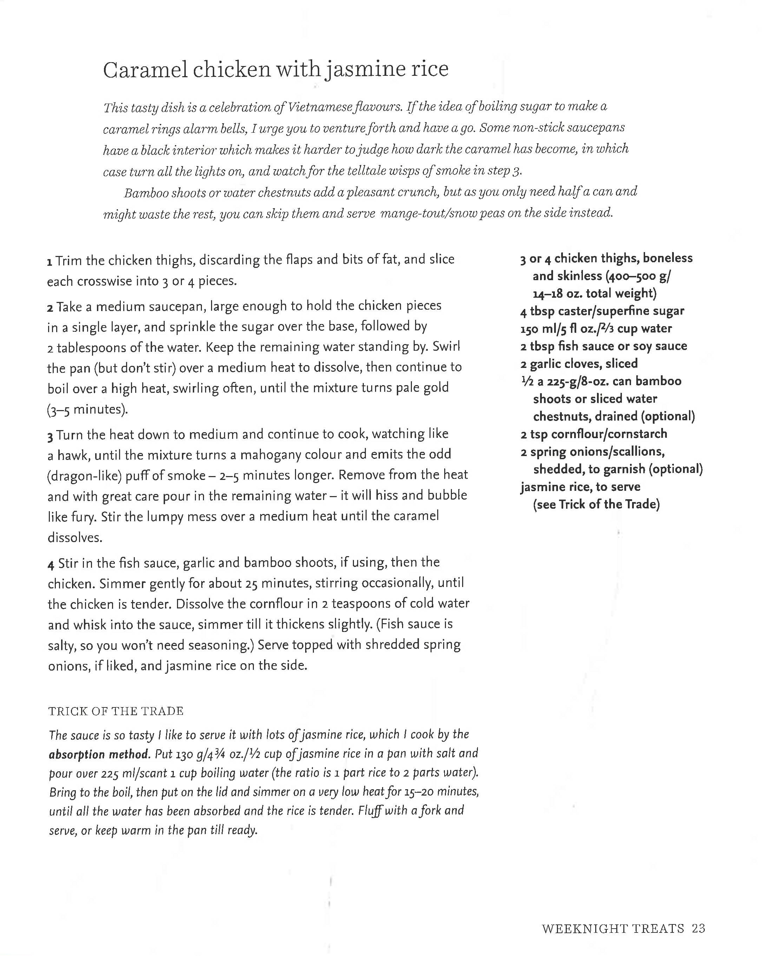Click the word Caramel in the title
[x=145, y=70]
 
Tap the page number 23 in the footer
[x=698, y=928]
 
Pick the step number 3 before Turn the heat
[x=50, y=436]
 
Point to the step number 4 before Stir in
[x=51, y=565]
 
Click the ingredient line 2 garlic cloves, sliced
[x=579, y=364]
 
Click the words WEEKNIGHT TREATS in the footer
[x=612, y=928]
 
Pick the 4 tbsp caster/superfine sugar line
[x=602, y=311]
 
